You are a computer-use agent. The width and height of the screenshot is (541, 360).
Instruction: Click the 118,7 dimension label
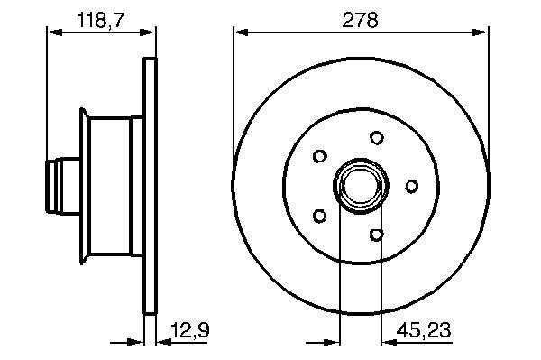point(100,20)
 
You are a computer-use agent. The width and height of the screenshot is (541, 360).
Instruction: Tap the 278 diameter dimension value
point(360,20)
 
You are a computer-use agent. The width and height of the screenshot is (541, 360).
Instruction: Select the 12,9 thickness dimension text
point(190,330)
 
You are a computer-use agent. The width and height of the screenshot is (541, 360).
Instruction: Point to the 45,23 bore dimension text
point(424,330)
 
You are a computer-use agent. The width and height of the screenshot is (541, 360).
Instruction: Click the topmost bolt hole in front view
point(377,138)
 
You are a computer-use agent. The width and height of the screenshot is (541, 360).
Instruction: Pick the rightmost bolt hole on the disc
point(411,186)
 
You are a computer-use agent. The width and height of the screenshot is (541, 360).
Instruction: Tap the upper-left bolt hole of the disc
point(319,156)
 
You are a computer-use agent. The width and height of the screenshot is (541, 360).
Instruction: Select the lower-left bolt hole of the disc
point(319,216)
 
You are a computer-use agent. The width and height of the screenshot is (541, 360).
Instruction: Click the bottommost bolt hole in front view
point(377,235)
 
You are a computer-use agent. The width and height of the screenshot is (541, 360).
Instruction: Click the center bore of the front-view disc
point(361,186)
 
